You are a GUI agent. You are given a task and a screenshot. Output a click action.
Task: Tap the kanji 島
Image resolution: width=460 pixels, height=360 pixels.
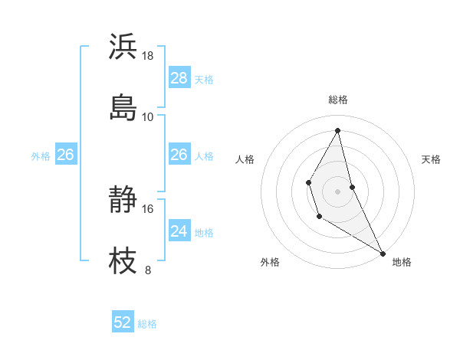(123, 106)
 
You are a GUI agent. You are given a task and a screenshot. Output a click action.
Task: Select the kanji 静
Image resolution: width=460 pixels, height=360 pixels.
(123, 200)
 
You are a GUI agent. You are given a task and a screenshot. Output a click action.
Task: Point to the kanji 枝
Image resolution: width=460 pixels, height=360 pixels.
(123, 260)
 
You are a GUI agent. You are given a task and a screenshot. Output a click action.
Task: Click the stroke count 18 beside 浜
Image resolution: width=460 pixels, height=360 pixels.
(148, 56)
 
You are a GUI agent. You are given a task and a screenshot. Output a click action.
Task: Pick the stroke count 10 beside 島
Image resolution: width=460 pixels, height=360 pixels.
(148, 116)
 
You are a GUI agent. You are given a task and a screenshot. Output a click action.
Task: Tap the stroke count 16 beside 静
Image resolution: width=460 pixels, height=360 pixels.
(148, 208)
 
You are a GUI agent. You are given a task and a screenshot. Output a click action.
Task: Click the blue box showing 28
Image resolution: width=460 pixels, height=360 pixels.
(179, 77)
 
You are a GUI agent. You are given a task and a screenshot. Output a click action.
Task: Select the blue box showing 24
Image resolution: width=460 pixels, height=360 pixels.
(179, 231)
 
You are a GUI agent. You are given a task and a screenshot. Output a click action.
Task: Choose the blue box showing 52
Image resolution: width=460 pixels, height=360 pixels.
(123, 322)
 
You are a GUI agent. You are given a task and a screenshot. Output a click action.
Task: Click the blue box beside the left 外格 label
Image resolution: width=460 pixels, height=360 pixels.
(65, 155)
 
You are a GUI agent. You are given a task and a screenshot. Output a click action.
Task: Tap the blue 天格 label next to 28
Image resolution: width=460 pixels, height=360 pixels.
(204, 79)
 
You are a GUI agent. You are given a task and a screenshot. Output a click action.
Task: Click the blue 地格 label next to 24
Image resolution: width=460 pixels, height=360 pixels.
(204, 232)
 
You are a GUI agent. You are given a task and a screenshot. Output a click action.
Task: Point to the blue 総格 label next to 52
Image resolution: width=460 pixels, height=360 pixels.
(147, 324)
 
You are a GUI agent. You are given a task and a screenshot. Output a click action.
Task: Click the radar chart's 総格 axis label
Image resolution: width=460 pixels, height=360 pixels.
(338, 100)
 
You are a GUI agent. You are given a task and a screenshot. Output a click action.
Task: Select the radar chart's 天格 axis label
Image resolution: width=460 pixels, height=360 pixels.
(431, 159)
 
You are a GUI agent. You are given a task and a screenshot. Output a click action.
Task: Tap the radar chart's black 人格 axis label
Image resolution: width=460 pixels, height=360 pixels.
(245, 159)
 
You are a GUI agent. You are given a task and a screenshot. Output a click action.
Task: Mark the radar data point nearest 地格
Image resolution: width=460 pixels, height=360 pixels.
(383, 253)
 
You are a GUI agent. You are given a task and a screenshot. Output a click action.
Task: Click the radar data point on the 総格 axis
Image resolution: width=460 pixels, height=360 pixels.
(338, 131)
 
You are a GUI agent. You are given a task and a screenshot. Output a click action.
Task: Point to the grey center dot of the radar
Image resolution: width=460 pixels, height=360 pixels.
(338, 190)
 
